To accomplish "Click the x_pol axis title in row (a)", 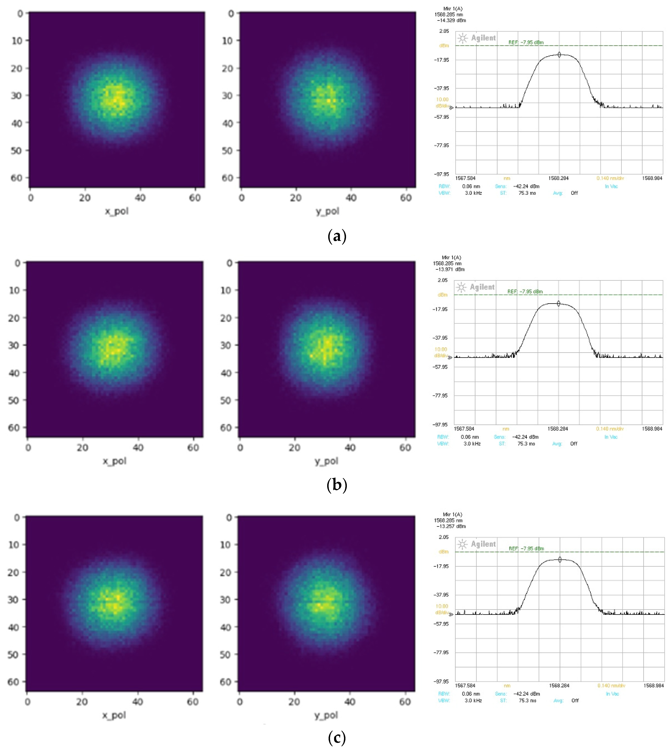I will click(x=117, y=211).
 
